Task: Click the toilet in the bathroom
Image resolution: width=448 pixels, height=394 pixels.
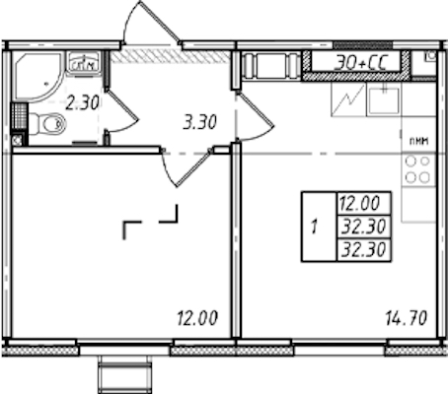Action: click(47, 123)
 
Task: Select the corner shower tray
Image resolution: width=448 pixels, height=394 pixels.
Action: click(37, 76)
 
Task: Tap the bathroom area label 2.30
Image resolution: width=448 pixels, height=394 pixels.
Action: click(82, 103)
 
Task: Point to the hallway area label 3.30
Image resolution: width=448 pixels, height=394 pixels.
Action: click(199, 123)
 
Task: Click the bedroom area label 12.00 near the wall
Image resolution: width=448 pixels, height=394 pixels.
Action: click(197, 318)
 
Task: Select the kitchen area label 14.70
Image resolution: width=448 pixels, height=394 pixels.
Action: click(407, 318)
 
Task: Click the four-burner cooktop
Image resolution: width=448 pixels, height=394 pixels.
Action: click(418, 169)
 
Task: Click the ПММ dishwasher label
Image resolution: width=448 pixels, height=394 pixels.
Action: click(418, 142)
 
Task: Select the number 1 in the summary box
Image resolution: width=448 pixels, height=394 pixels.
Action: click(315, 227)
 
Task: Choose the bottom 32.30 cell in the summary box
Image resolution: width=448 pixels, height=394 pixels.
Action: click(363, 250)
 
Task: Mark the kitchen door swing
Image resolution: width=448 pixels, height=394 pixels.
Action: click(256, 116)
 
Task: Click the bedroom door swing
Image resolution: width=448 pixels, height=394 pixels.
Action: click(185, 167)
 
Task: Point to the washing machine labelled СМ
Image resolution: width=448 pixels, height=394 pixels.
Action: click(83, 62)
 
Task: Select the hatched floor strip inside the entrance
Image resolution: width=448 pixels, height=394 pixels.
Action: click(170, 57)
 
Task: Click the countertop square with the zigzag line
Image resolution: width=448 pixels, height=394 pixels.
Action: click(348, 98)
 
